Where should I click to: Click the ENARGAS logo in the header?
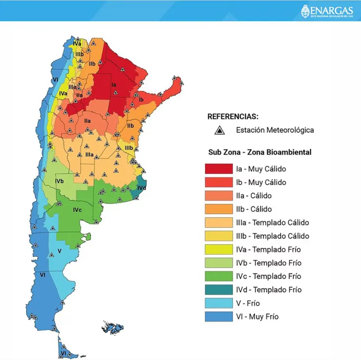click(328, 10)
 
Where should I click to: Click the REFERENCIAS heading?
click(232, 117)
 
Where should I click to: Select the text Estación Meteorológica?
click(275, 130)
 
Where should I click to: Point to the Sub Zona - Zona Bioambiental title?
click(260, 152)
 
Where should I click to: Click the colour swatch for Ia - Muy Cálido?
click(219, 169)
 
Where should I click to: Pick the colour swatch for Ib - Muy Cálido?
click(219, 182)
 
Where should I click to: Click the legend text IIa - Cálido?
click(254, 196)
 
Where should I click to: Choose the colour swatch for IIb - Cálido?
click(219, 209)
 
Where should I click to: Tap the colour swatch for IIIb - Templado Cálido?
click(219, 236)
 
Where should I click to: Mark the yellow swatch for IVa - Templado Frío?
click(219, 249)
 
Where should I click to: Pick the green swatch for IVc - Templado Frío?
click(219, 276)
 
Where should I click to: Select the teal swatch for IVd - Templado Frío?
click(219, 290)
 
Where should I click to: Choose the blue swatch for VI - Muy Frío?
click(219, 316)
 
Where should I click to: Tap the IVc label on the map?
click(77, 210)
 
